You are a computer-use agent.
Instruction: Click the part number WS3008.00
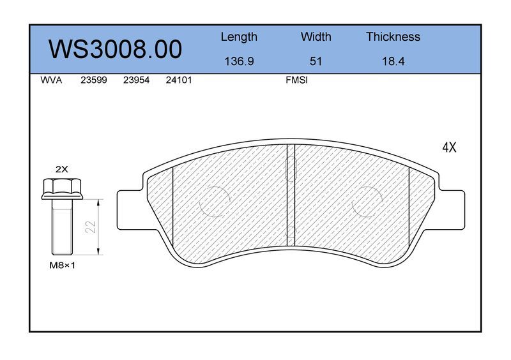pos(116,49)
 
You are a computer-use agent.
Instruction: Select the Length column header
pos(239,37)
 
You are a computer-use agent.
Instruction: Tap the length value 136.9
pos(239,61)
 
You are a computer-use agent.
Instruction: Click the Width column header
pos(316,36)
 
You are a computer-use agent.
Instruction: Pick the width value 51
pos(316,61)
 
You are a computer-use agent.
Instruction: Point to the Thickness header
pos(393,36)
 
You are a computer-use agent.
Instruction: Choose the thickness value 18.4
pos(393,61)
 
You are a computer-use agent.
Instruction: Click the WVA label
pos(51,80)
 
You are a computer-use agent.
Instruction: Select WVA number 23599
pos(94,80)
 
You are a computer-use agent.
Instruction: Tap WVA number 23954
pos(136,80)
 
